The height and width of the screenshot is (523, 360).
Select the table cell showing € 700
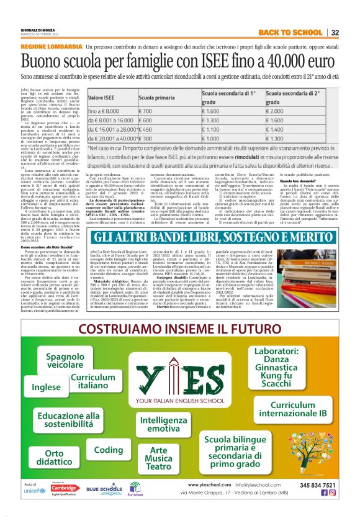click(128, 110)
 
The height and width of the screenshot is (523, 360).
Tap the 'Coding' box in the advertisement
click(109, 449)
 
